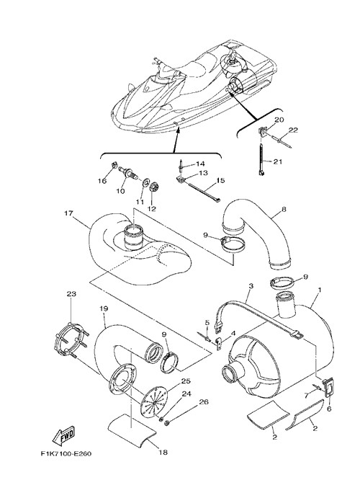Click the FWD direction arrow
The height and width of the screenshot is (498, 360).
tap(63, 435)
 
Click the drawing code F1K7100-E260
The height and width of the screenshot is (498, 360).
tap(66, 453)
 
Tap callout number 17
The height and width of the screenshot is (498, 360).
tap(69, 213)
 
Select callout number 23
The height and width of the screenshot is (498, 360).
tap(71, 294)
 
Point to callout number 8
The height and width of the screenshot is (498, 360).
tap(284, 209)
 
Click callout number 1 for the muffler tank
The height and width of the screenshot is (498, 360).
tap(320, 290)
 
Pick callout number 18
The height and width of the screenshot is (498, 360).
tap(163, 453)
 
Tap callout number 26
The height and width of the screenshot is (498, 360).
tap(204, 401)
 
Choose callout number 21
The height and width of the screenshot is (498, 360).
tap(277, 161)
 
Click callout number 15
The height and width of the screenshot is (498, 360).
tap(220, 180)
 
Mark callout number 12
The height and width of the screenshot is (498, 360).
tap(152, 209)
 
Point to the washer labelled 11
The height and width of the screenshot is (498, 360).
tap(146, 183)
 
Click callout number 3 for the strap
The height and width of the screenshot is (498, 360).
tap(251, 286)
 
